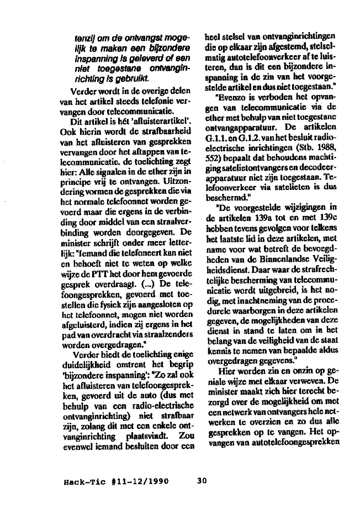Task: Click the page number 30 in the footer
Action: tap(202, 480)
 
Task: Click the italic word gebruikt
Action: tap(118, 80)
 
